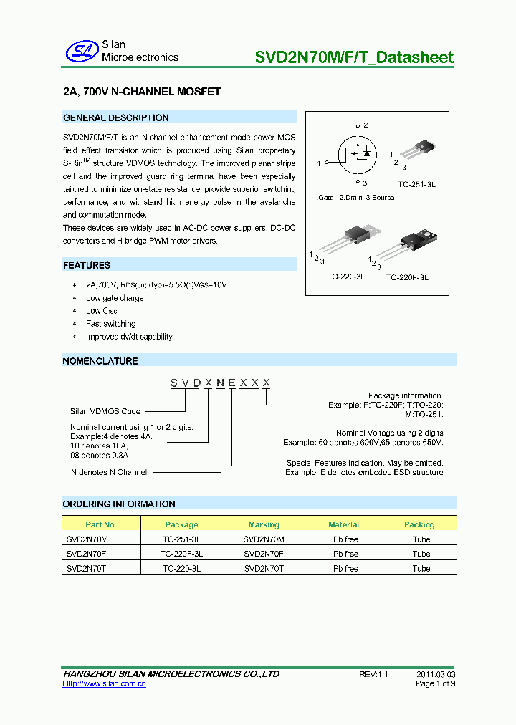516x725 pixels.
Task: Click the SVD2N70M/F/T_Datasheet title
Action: [x=354, y=57]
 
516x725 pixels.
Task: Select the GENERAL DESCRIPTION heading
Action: [x=116, y=117]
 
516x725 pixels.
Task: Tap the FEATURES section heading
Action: [x=87, y=265]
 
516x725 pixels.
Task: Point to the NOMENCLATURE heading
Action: [x=100, y=361]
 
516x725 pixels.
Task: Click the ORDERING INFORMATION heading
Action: [x=119, y=504]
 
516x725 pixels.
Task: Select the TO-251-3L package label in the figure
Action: [x=417, y=184]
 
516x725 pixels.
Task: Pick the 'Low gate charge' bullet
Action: [x=115, y=298]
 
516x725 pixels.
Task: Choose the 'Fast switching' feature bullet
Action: [x=110, y=324]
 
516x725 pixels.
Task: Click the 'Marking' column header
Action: [x=264, y=524]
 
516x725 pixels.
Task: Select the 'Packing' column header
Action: [x=419, y=524]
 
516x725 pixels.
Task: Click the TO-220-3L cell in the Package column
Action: [x=181, y=569]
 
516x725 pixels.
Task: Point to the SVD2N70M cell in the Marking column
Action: [x=264, y=539]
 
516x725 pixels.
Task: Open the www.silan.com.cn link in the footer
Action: [x=105, y=684]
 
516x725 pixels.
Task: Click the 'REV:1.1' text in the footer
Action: [x=373, y=674]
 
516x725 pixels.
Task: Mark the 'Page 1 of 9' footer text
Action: [x=435, y=684]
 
